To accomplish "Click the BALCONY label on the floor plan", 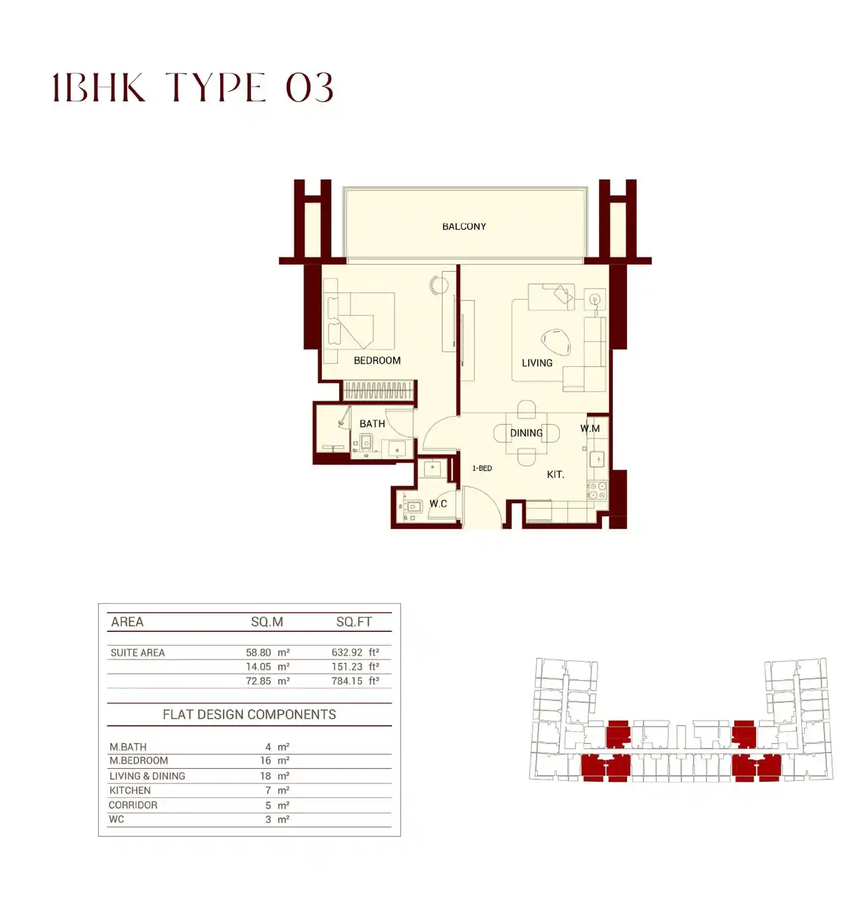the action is click(x=464, y=227).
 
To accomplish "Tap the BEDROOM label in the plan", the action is click(x=377, y=360).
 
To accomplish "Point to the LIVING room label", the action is click(x=537, y=363).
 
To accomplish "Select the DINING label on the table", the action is click(x=526, y=433).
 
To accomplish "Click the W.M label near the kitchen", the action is click(x=590, y=428).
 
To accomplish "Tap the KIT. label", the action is click(x=556, y=474).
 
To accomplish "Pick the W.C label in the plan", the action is click(x=438, y=504).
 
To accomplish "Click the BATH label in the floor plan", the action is click(x=372, y=424).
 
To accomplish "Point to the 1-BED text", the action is click(x=482, y=468).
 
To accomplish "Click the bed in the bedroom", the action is click(x=359, y=321).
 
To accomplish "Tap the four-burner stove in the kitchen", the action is click(x=597, y=490).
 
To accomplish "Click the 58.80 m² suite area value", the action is click(x=268, y=653).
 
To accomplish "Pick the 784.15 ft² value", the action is click(x=355, y=681).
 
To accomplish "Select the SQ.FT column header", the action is click(x=354, y=621).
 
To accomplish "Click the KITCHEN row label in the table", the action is click(x=130, y=791).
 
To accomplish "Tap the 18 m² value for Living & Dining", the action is click(x=275, y=776).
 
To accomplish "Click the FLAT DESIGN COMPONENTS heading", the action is click(x=249, y=714).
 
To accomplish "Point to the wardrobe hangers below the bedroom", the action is click(x=378, y=391).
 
